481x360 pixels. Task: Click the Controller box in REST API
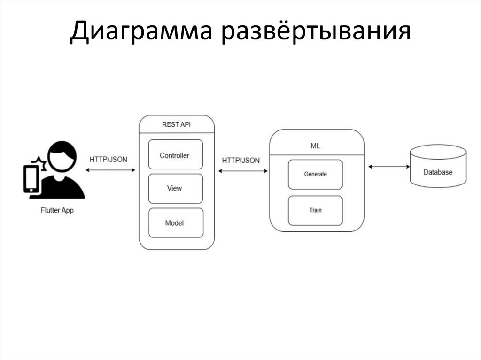tap(175, 155)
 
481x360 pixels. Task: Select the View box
tap(175, 189)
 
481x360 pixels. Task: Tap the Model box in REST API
tap(175, 223)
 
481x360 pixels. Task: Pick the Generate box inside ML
tap(315, 174)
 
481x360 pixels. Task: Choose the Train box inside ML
tap(315, 210)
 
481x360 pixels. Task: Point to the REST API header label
tap(176, 124)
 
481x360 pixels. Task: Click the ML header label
tap(316, 146)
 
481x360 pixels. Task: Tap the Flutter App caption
tap(57, 211)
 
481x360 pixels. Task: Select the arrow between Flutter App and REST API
tap(111, 169)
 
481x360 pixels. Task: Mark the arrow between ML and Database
tap(389, 166)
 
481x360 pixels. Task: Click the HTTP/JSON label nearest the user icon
tap(109, 159)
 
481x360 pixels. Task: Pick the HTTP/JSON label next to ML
tap(240, 160)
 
